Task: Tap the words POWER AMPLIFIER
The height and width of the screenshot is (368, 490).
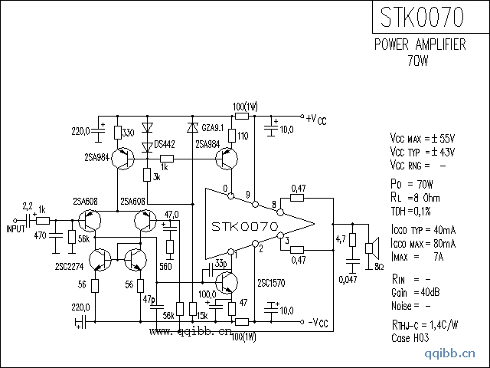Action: coord(420,46)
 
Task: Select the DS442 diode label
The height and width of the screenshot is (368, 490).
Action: coord(165,144)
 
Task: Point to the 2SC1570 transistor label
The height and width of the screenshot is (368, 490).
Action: coord(272,282)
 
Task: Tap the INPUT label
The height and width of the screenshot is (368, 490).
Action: coord(16,228)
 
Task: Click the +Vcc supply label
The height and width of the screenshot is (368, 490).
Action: coord(315,119)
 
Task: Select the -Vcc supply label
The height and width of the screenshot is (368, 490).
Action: coord(315,321)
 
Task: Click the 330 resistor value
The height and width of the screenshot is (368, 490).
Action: coord(129,132)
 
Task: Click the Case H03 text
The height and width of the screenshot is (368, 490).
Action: coord(411,337)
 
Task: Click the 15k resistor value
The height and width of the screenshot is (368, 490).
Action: coord(202,315)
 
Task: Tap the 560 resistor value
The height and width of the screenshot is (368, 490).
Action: coord(165,266)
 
